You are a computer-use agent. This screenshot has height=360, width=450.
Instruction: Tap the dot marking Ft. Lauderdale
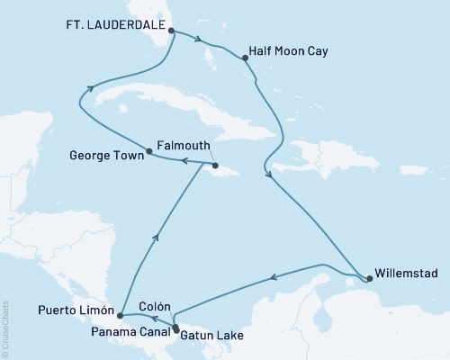[172, 30]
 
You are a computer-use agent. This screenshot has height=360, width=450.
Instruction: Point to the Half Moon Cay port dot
[245, 58]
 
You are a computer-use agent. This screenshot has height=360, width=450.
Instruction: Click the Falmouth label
[184, 144]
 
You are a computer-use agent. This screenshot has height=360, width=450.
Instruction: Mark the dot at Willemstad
[370, 279]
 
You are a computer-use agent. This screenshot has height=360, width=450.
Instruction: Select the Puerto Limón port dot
[120, 316]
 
